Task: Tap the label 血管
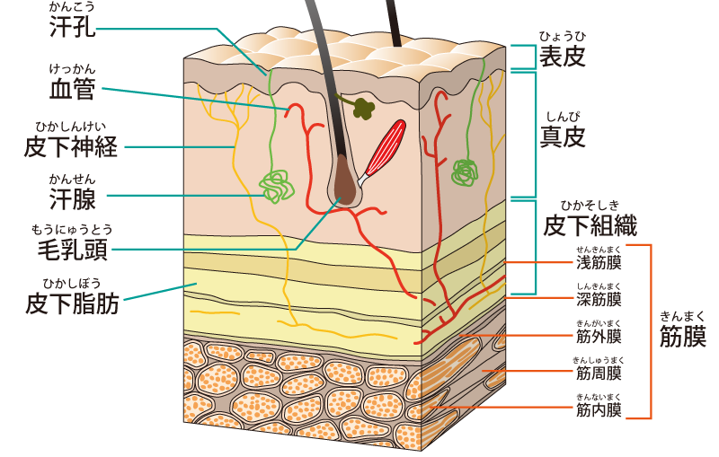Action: pyautogui.click(x=73, y=88)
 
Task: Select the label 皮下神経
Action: pyautogui.click(x=71, y=146)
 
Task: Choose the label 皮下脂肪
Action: pyautogui.click(x=72, y=304)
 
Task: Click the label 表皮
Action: pyautogui.click(x=562, y=57)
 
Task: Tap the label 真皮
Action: pyautogui.click(x=564, y=136)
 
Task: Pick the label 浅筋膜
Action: pyautogui.click(x=599, y=263)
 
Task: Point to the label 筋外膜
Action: pyautogui.click(x=599, y=337)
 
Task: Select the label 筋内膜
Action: pyautogui.click(x=599, y=411)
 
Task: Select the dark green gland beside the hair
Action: pyautogui.click(x=362, y=109)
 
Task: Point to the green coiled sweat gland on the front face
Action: pyautogui.click(x=277, y=187)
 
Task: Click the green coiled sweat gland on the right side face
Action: pyautogui.click(x=465, y=170)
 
